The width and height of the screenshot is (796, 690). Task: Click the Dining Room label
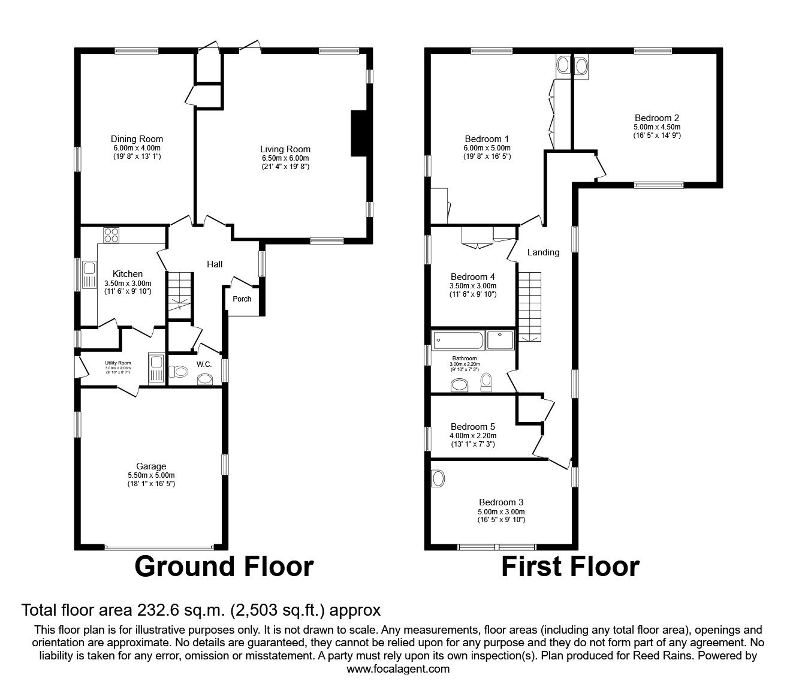point(137,139)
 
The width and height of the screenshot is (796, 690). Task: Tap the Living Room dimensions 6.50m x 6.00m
point(285,158)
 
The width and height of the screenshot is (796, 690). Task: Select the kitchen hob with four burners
point(111,235)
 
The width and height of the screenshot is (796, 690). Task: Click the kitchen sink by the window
point(89,275)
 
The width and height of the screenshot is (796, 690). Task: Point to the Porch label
point(242,299)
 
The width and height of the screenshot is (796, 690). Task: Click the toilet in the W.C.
point(177,372)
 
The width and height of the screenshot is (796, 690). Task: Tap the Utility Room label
point(117,363)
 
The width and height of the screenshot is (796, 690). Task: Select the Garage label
point(150,466)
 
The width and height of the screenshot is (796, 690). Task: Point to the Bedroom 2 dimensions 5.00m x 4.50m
point(656,127)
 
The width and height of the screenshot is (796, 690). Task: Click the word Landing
point(543,252)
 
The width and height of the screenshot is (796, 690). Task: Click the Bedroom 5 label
point(473,427)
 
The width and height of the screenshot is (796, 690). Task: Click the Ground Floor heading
point(224,567)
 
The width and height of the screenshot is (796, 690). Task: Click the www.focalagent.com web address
point(398,669)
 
